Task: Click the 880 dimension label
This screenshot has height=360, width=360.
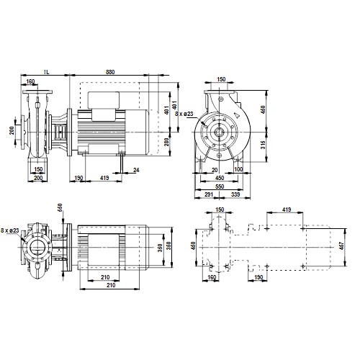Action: click(x=110, y=72)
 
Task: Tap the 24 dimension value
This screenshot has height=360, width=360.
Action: click(x=136, y=170)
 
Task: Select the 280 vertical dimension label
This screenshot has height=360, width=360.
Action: click(x=166, y=142)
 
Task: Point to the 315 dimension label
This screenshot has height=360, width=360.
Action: click(x=263, y=145)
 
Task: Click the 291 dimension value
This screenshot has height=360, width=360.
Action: click(x=209, y=194)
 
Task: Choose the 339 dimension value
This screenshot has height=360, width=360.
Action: click(x=235, y=194)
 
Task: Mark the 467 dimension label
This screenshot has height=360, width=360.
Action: click(x=342, y=246)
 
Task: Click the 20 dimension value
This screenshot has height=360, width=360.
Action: click(x=215, y=170)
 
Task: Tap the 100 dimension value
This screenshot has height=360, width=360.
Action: click(x=238, y=169)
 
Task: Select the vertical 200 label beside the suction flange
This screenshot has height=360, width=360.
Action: click(x=12, y=130)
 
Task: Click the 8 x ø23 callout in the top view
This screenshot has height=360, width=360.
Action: click(x=10, y=230)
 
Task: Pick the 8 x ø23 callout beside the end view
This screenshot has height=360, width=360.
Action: click(x=184, y=114)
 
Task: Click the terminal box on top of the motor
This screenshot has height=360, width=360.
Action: click(x=104, y=100)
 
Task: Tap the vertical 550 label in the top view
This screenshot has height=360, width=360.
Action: click(x=60, y=207)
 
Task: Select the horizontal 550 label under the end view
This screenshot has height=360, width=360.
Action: click(x=220, y=186)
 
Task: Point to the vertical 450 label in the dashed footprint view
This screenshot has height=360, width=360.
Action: click(x=193, y=246)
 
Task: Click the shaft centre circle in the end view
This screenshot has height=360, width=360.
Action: click(x=219, y=132)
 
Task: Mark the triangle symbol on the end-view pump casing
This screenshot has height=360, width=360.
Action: click(x=238, y=116)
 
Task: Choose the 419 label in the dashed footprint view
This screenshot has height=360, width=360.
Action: click(x=287, y=210)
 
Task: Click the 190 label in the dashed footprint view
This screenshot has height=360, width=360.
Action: click(x=258, y=277)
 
